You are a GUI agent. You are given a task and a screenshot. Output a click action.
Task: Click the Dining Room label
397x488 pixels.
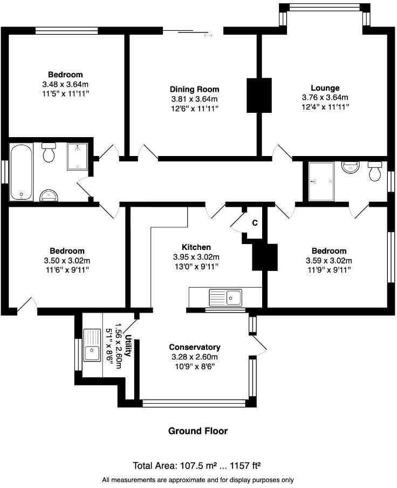[194, 89]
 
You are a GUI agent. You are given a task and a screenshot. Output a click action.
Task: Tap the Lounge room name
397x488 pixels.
[325, 88]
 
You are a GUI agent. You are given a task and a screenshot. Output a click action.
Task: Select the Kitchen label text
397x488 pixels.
[196, 247]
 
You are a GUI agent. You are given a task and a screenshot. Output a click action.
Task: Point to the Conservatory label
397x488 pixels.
[195, 347]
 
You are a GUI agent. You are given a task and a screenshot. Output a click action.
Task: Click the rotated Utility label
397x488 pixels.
[127, 345]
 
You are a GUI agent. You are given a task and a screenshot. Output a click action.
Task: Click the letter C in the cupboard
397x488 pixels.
[255, 223]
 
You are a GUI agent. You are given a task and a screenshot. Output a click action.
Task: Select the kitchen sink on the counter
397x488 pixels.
[225, 297]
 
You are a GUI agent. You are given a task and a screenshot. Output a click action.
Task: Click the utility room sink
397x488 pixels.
[92, 345]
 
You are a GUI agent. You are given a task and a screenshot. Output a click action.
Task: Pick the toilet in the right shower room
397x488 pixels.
[375, 171]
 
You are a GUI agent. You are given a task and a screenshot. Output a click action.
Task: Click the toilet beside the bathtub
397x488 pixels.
[49, 152]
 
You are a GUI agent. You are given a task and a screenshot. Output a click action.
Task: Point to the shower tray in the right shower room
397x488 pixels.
[321, 181]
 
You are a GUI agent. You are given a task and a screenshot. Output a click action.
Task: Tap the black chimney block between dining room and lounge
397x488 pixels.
[259, 95]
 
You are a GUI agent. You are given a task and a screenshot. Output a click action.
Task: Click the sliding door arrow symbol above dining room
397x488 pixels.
[208, 36]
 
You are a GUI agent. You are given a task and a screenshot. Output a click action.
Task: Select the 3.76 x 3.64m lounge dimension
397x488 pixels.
[325, 97]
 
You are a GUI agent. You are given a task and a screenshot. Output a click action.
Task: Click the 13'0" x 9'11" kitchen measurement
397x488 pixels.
[196, 267]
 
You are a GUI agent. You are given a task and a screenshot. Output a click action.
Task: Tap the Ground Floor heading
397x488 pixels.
[198, 431]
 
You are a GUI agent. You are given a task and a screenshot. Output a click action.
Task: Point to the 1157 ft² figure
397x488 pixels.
[245, 465]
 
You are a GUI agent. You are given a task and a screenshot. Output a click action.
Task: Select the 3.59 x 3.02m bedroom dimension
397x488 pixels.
[329, 261]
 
